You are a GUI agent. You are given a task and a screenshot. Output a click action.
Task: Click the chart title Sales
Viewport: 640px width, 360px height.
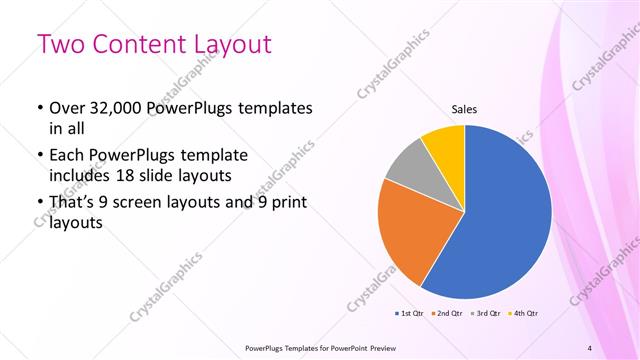tap(464, 109)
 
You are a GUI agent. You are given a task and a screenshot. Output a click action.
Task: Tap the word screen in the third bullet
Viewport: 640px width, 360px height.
tap(149, 203)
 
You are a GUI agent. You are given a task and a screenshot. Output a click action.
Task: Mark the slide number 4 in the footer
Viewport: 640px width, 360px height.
tap(589, 348)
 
